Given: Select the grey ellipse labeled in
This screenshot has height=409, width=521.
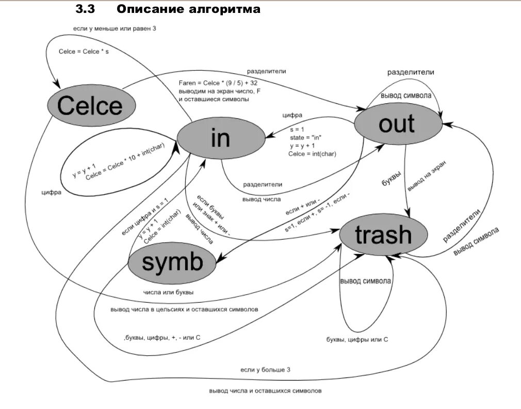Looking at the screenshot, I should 220,138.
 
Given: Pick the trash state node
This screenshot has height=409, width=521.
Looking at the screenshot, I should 383,235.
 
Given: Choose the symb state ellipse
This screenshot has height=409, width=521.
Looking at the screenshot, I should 172,262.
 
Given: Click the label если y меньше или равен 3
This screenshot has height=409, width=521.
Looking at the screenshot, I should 113,29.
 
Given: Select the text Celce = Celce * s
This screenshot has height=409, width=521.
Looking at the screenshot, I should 84,52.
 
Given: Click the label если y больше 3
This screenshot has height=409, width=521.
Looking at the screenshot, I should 265,370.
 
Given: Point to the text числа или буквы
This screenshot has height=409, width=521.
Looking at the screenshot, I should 169,292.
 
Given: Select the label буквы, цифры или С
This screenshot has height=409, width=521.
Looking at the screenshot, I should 357,339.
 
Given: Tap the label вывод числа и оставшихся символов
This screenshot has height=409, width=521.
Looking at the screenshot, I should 265,391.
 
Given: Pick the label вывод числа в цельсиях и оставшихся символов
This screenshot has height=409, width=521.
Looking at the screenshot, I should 184,309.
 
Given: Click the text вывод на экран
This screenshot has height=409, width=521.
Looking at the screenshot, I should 426,176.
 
